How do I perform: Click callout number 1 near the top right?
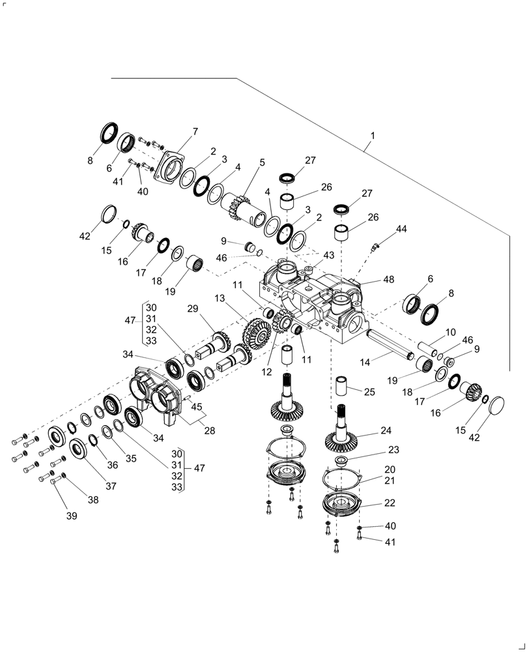pos(373,136)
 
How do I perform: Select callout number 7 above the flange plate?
pos(195,132)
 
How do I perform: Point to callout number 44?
pos(401,229)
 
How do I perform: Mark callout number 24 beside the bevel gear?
pos(386,430)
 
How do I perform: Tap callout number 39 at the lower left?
pos(71,516)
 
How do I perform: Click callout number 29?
pos(192,308)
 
